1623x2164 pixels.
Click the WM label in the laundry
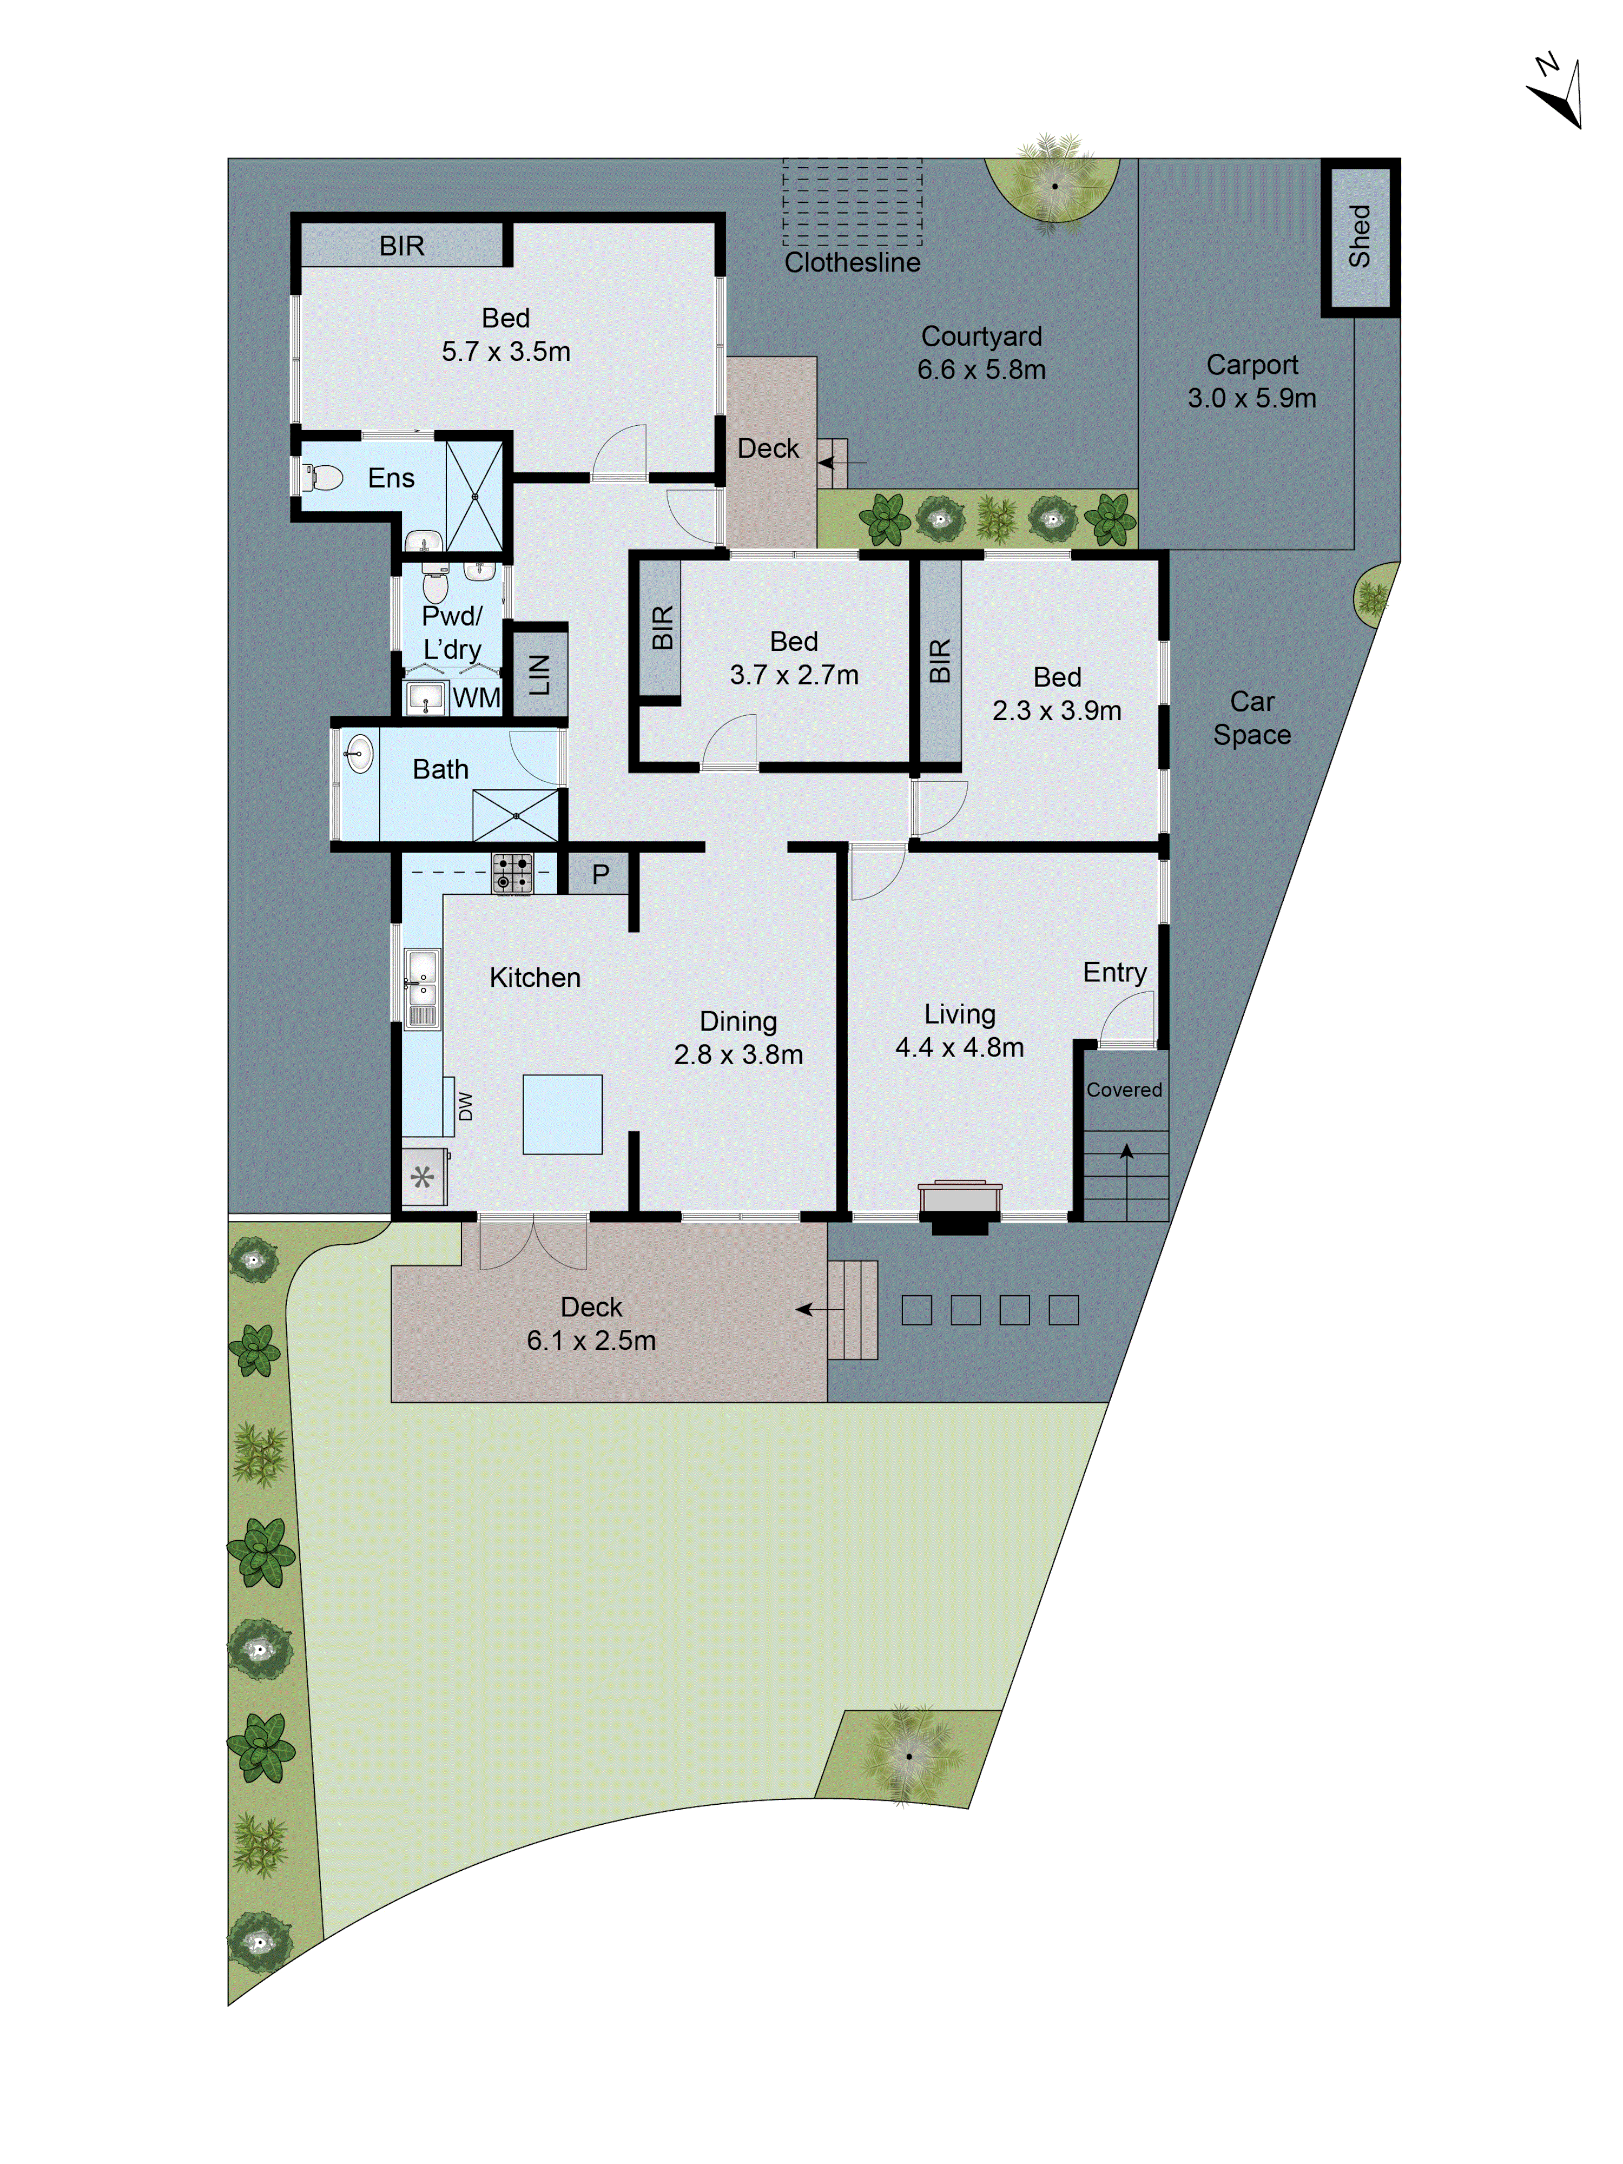coord(476,697)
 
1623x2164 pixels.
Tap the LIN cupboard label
coord(539,674)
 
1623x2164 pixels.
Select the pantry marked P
coord(599,874)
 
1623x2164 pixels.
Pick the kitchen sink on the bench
coord(421,988)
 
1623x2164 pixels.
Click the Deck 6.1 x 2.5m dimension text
coord(591,1340)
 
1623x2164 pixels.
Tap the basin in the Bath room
coord(359,753)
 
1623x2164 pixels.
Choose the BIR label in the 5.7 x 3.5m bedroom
coord(401,246)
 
